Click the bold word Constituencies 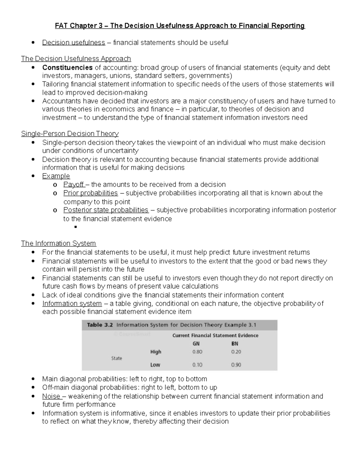click(x=67, y=68)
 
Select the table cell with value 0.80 click(x=197, y=352)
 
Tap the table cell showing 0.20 click(x=236, y=352)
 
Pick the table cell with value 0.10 click(x=197, y=365)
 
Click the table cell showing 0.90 click(x=236, y=365)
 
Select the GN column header click(x=196, y=344)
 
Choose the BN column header click(x=235, y=344)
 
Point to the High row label click(x=156, y=352)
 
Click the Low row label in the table click(x=155, y=365)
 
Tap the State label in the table click(x=117, y=358)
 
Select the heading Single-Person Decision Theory click(x=70, y=134)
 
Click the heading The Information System click(x=58, y=243)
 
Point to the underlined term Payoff click(x=73, y=185)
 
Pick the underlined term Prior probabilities click(x=90, y=193)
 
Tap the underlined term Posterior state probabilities click(x=106, y=210)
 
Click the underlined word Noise click(x=51, y=396)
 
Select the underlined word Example click(x=56, y=176)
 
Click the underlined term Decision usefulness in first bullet click(x=73, y=43)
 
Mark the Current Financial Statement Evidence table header click(x=215, y=335)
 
